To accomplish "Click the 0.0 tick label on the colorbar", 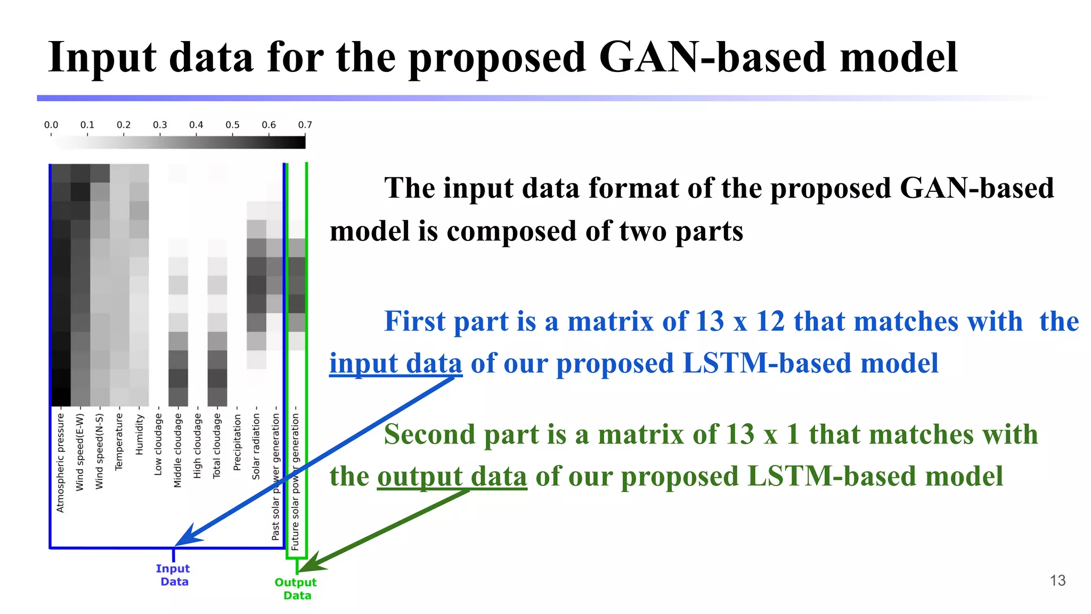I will point(51,125).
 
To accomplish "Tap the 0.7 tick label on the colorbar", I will point(305,125).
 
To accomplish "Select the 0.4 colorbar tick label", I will point(196,125).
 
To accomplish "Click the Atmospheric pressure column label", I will point(60,463).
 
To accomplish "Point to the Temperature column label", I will point(119,441).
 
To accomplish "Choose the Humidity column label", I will point(139,435).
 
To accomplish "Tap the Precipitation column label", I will point(237,442).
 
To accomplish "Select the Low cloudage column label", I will point(158,445).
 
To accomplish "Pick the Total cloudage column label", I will point(217,446).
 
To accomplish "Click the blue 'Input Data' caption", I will point(173,575).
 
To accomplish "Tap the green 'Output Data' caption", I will point(296,589).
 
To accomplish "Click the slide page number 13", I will point(1057,580).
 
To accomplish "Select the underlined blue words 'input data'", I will point(395,363).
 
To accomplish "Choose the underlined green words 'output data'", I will point(452,476).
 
